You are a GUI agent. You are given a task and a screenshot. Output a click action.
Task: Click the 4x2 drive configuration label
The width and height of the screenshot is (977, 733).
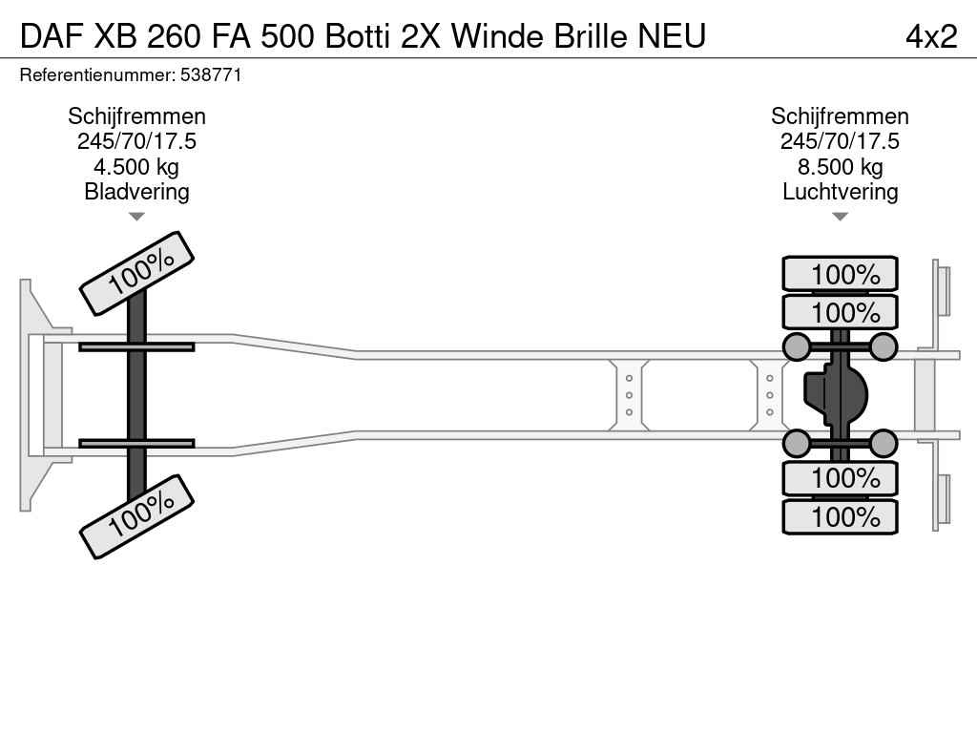click(x=931, y=36)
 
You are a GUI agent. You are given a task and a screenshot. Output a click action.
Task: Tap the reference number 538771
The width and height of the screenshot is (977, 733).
click(x=211, y=75)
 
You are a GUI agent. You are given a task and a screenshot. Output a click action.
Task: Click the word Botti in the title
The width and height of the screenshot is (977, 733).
click(x=358, y=36)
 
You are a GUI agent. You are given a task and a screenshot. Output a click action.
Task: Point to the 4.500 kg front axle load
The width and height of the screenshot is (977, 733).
click(x=136, y=167)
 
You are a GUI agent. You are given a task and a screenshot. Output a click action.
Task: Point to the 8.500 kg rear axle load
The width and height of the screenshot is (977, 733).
click(x=840, y=167)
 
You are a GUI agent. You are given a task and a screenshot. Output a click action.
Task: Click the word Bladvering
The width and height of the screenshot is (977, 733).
click(x=136, y=191)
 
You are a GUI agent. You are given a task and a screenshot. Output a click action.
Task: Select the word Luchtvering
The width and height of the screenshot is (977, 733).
click(x=840, y=191)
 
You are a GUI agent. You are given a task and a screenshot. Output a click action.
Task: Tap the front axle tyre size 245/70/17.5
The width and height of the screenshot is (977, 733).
click(x=136, y=141)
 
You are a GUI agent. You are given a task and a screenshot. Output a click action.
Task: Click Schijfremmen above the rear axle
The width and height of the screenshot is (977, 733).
click(x=840, y=116)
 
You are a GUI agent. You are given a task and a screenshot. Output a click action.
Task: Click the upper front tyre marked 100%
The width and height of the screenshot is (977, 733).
click(x=137, y=273)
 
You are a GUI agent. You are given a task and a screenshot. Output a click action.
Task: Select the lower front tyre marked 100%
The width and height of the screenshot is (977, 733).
click(x=137, y=516)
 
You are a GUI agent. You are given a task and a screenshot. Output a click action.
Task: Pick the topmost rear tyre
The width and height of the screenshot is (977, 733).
click(x=840, y=274)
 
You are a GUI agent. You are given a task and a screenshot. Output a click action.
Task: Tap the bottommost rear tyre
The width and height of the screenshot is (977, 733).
click(x=840, y=516)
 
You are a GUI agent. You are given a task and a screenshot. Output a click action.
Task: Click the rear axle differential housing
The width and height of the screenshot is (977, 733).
click(x=835, y=395)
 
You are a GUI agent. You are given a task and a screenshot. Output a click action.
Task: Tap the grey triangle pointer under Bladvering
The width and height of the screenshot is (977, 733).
click(x=136, y=217)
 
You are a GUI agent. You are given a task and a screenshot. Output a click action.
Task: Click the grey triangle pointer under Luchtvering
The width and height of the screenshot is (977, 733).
click(x=840, y=217)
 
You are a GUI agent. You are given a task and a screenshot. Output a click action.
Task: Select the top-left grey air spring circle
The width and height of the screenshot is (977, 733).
click(x=797, y=346)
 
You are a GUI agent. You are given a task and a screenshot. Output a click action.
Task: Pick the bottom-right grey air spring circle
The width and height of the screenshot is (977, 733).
click(x=883, y=443)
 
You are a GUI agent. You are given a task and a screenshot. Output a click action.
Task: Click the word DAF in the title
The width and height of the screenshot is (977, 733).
click(x=52, y=36)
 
